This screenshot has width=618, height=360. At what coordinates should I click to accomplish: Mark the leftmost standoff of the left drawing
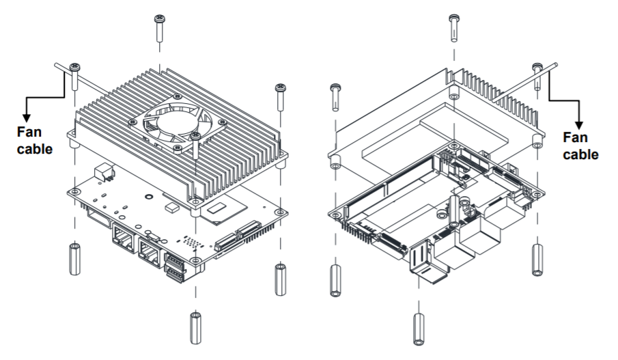pyautogui.click(x=73, y=258)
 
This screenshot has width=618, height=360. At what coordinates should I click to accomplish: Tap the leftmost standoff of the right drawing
pyautogui.click(x=335, y=280)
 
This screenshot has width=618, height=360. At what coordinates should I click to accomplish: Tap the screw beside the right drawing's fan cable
pyautogui.click(x=538, y=75)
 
